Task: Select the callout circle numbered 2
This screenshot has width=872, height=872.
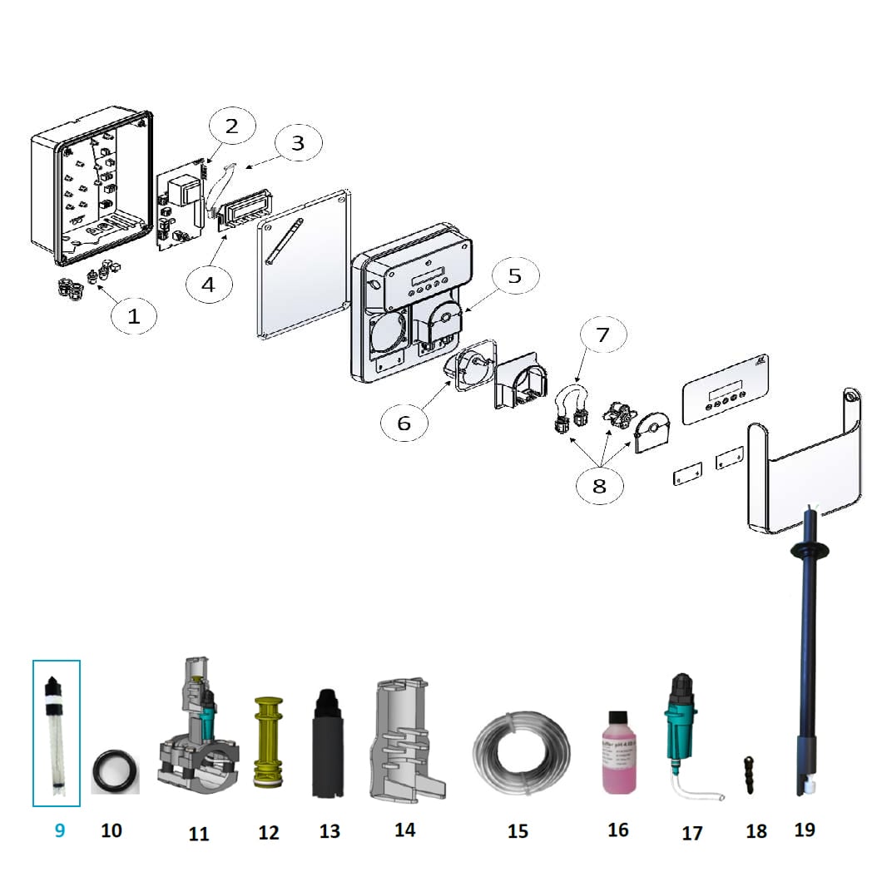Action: pos(231,126)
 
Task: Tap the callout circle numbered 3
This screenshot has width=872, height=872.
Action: pos(297,142)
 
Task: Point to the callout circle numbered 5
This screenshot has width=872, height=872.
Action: pos(515,276)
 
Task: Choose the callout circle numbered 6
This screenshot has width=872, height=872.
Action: pos(404,424)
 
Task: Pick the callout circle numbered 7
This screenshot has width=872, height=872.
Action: pos(602,334)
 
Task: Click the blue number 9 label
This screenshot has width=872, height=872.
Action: pos(59,830)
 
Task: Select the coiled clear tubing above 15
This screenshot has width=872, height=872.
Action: pos(521,744)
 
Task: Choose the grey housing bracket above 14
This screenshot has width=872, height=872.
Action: pos(405,733)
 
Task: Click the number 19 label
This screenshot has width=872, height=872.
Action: pos(805,829)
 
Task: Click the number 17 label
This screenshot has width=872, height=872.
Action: pos(691,832)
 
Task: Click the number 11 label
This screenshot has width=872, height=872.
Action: pos(199,832)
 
